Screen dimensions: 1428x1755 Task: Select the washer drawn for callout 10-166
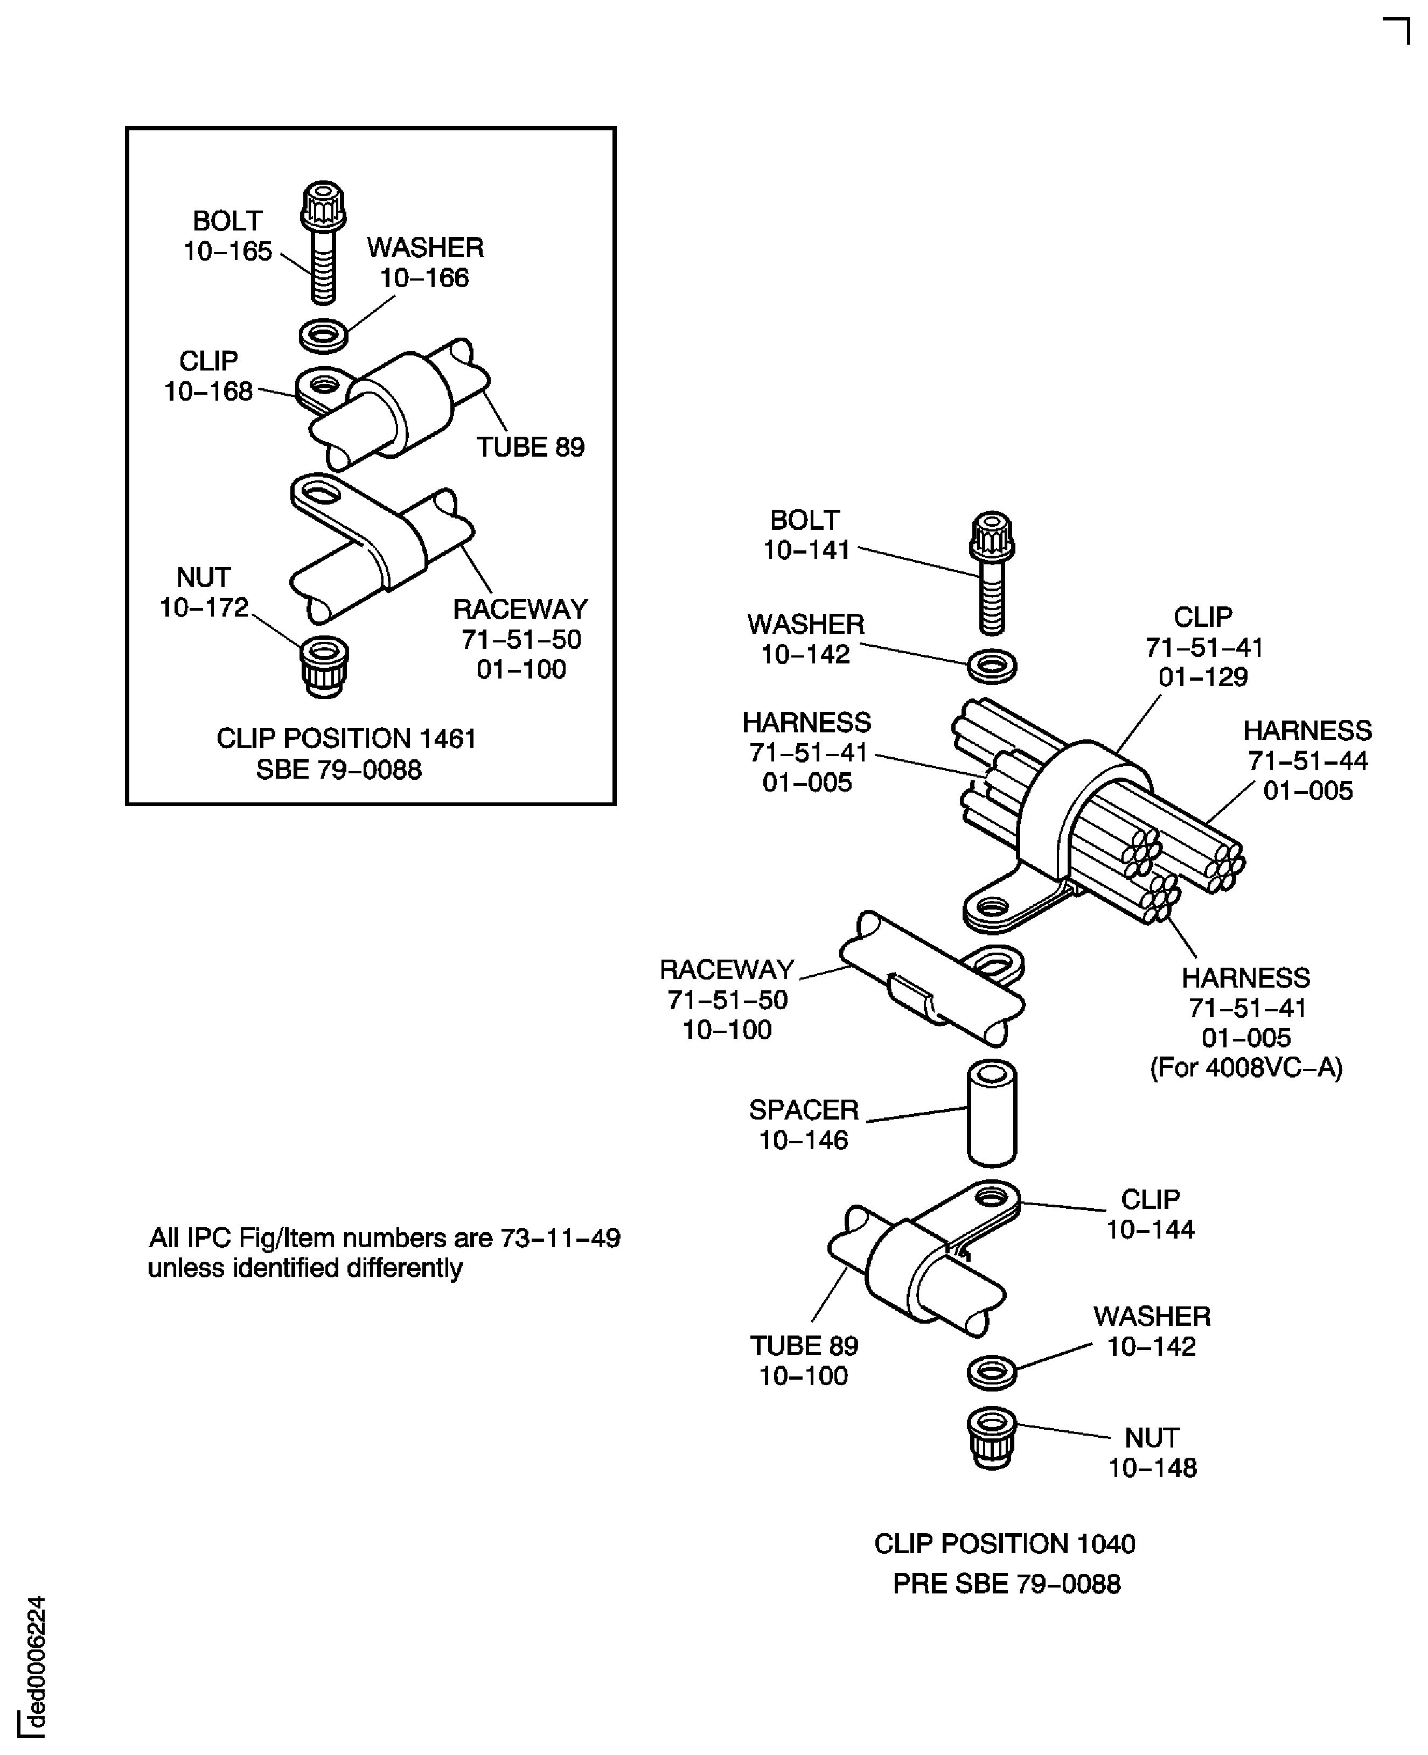pos(323,335)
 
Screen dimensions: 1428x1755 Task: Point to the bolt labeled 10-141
pos(992,573)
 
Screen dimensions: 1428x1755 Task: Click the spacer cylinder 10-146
pos(992,1113)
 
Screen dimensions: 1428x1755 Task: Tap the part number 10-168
pos(208,391)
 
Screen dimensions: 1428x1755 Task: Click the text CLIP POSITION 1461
pos(346,738)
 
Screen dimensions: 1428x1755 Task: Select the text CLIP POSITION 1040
pos(1005,1544)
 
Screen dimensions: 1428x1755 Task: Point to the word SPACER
pos(804,1110)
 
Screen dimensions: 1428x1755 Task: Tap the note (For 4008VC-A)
pos(1246,1067)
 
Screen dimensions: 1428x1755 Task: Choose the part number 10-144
pos(1150,1229)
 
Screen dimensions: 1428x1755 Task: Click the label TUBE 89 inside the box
pos(531,448)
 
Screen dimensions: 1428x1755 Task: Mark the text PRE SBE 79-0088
pos(1007,1584)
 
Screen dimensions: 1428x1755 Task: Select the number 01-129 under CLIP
pos(1203,677)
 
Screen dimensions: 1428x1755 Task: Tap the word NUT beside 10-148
pos(1152,1438)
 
